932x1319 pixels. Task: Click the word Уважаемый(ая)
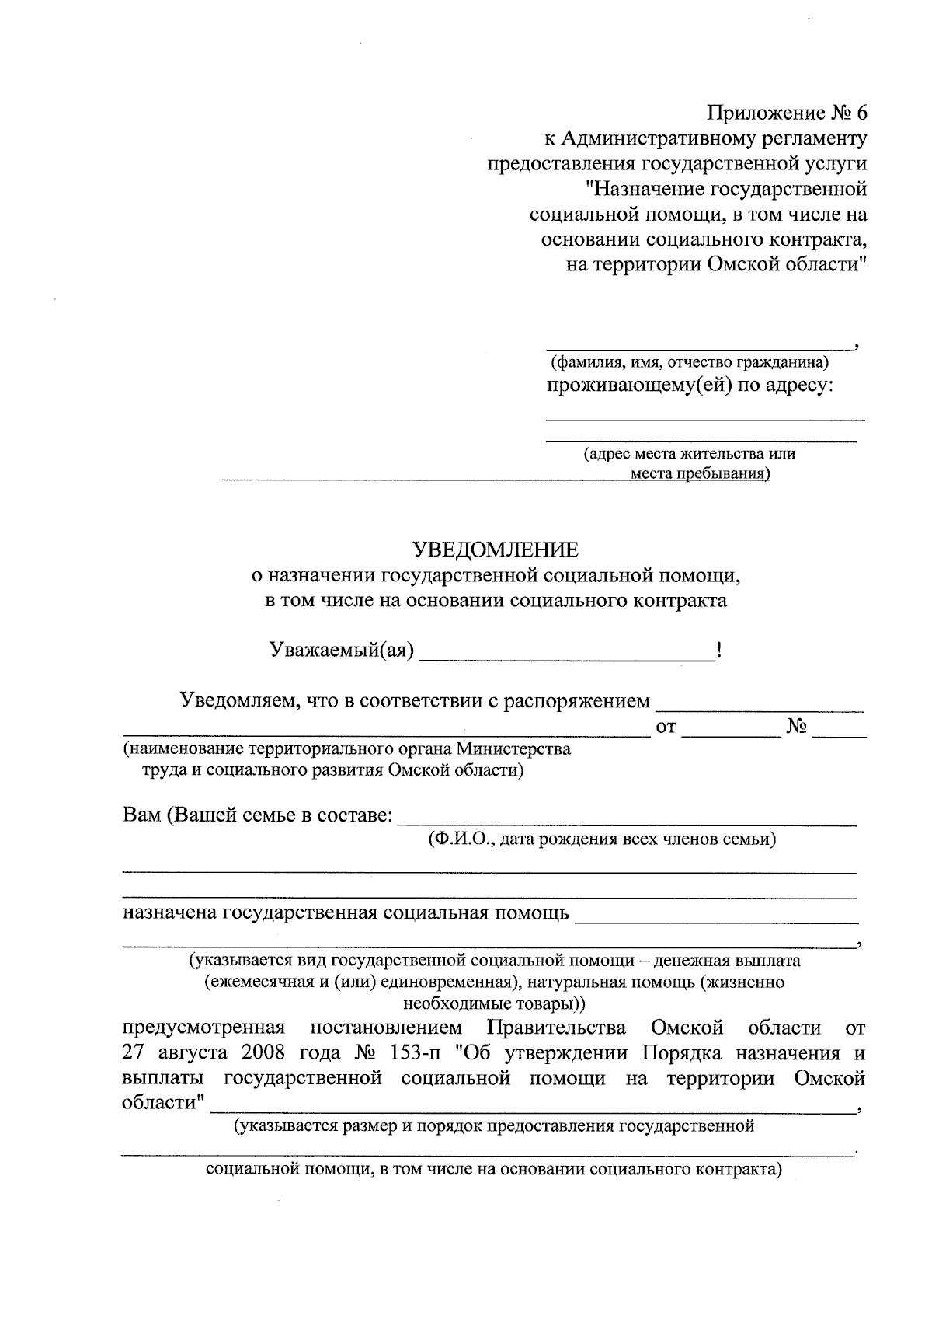pyautogui.click(x=340, y=649)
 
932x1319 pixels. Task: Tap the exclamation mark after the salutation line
pyautogui.click(x=720, y=649)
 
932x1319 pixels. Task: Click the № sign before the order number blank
pyautogui.click(x=797, y=728)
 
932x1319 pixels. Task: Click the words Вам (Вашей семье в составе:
pyautogui.click(x=259, y=816)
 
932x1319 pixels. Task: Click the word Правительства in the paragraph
pyautogui.click(x=556, y=1028)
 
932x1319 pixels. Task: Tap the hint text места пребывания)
pyautogui.click(x=700, y=473)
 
